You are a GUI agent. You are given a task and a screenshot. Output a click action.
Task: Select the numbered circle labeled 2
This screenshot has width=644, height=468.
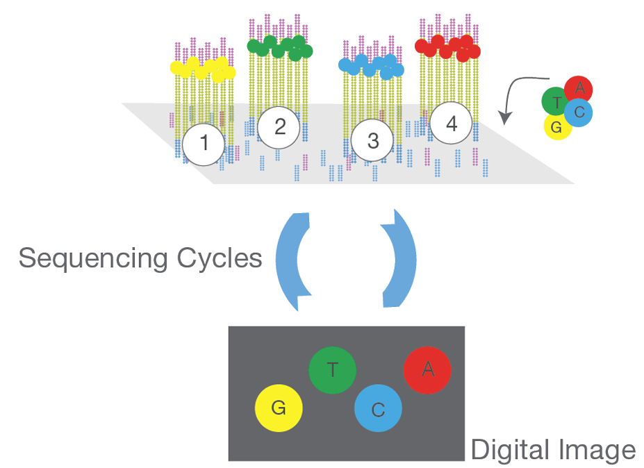coord(280,126)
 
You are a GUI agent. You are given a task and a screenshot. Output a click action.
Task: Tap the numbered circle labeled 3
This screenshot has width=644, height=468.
coord(373,141)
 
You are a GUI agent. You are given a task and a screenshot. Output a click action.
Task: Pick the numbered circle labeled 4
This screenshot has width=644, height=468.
coord(452,124)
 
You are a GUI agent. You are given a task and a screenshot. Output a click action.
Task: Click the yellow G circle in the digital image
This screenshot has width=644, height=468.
coord(279,408)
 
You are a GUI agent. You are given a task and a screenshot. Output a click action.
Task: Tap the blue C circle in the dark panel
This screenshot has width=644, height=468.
coord(378,410)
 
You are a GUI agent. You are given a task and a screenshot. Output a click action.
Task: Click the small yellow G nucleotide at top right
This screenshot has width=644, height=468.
coord(555,127)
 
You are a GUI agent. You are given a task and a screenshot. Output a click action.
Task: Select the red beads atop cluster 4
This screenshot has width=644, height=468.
coord(448,47)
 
